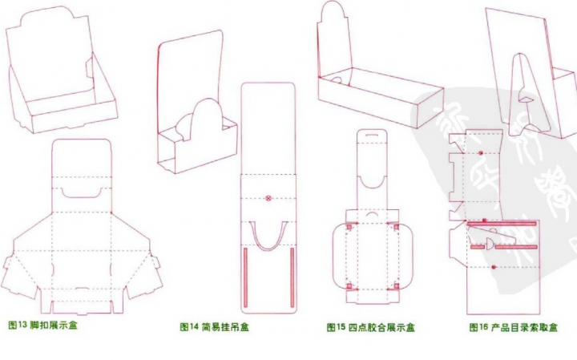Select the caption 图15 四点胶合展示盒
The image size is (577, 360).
point(370,327)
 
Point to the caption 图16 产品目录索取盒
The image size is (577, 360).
point(513,327)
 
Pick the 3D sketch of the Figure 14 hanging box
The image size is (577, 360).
point(196,104)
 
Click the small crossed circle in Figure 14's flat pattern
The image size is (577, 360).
point(269,195)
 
